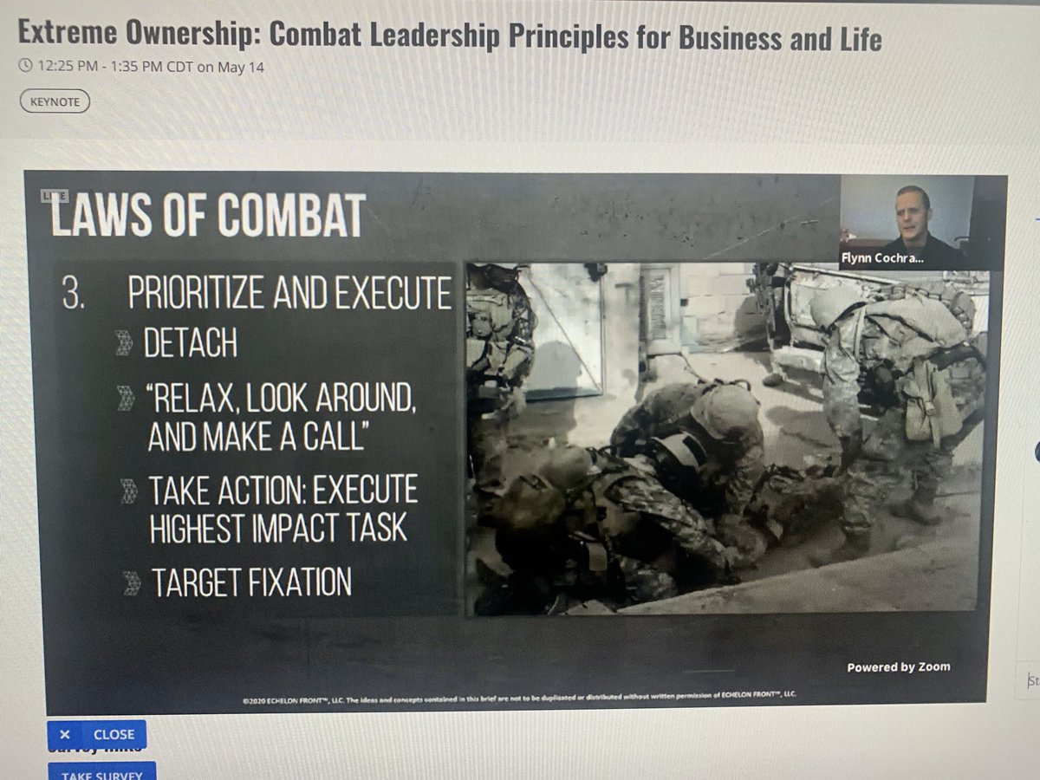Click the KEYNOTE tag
54,101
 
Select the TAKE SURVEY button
101,772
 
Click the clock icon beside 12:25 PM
25,67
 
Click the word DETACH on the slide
191,343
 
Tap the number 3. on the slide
74,295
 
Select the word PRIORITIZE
196,295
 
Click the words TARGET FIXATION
251,582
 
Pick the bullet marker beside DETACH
125,344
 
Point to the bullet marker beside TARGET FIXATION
132,583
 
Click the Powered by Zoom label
898,666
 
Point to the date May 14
244,67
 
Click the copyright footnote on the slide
519,693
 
